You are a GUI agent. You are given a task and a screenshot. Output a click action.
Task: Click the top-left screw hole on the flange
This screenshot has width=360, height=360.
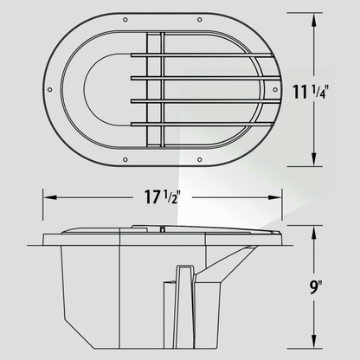point(125,20)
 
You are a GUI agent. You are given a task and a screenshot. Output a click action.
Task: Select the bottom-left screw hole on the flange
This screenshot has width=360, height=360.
point(125,161)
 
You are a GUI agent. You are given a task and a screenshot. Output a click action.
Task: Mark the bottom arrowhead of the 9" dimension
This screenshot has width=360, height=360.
point(312,347)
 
